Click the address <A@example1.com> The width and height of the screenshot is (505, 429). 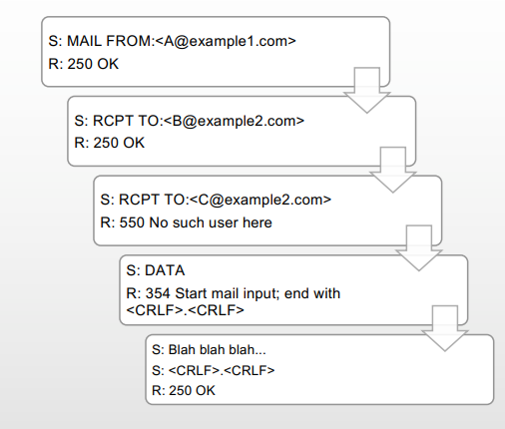226,41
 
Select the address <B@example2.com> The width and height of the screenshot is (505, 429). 235,121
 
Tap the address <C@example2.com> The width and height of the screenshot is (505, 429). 260,200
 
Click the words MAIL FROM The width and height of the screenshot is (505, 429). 109,41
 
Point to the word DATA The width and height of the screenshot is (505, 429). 165,270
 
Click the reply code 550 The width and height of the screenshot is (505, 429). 132,222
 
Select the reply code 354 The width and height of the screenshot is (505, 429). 158,293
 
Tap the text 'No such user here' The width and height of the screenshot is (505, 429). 211,222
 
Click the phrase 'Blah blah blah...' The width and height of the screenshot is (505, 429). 218,350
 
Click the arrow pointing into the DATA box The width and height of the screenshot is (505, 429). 419,247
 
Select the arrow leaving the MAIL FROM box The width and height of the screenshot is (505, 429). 367,90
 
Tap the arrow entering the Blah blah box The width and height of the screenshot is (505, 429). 445,328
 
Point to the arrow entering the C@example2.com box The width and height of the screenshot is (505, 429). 393,170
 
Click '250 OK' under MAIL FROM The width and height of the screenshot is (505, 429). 93,64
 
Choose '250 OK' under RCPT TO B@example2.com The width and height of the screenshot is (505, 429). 119,143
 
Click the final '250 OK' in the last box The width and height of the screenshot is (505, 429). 192,391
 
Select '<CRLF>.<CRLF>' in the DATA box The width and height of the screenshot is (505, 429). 186,310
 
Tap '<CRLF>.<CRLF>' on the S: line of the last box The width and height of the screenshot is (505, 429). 222,370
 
